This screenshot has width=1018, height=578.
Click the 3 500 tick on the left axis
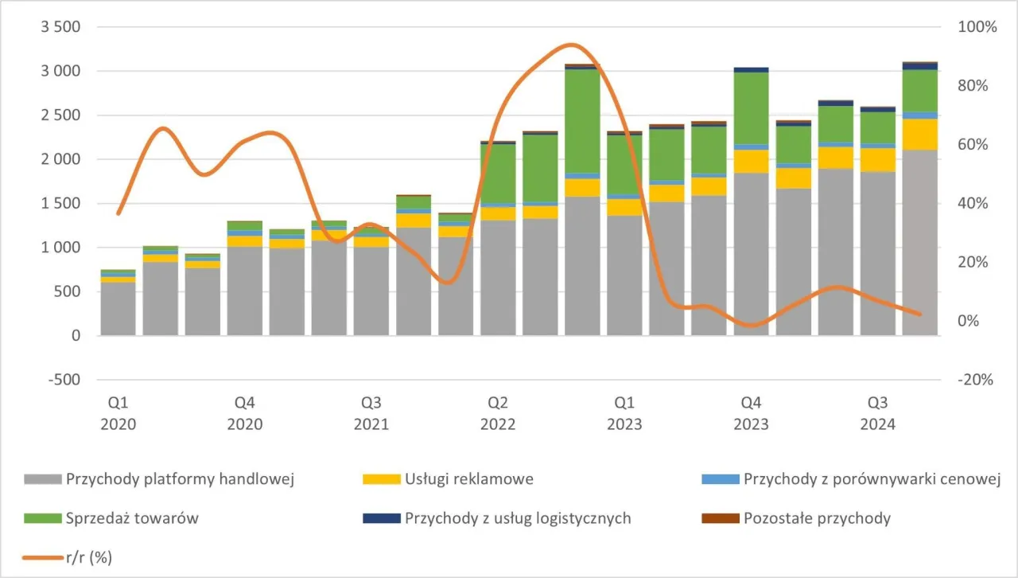(62, 27)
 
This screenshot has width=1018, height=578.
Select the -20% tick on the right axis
(975, 380)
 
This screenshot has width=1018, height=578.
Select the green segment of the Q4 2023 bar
(751, 108)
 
